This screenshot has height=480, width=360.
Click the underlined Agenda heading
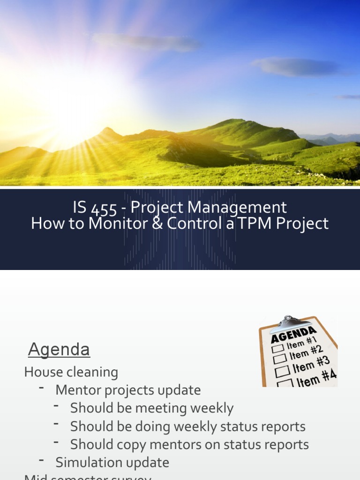point(59,349)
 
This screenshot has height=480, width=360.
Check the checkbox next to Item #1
point(278,349)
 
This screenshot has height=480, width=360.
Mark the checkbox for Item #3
point(282,372)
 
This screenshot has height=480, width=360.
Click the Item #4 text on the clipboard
point(317,379)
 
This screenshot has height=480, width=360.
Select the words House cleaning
point(71,372)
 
